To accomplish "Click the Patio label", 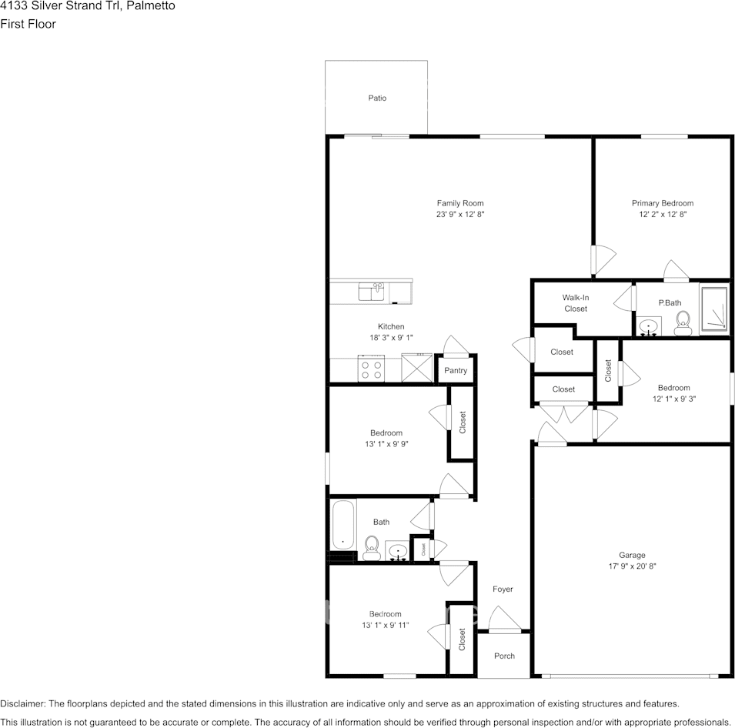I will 376,98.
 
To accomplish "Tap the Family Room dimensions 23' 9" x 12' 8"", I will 460,215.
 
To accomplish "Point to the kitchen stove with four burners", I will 372,369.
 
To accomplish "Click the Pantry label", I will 456,371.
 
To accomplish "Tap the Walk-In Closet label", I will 575,303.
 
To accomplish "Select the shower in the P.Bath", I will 713,309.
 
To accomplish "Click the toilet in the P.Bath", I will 681,323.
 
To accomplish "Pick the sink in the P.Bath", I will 650,327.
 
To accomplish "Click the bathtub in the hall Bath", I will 343,527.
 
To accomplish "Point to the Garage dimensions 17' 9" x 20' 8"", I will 632,566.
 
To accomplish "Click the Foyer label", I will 503,589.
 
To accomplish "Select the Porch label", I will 504,656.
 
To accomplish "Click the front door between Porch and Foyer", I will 503,630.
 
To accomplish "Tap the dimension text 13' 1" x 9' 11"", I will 385,626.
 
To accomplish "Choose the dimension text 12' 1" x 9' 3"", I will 673,399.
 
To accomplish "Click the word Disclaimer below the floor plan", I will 22,703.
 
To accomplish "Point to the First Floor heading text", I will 28,24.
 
